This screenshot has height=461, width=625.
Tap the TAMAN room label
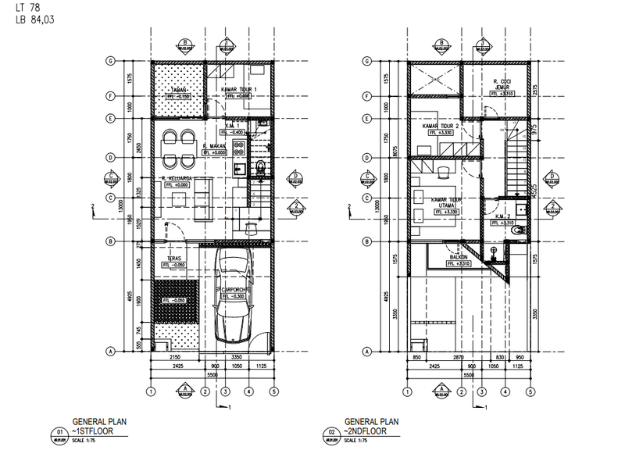183,91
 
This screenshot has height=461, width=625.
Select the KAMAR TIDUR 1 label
239,90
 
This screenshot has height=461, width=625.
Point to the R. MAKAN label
215,146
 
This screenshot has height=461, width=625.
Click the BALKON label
459,256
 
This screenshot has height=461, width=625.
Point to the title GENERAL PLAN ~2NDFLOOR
371,425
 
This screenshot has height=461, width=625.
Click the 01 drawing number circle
59,431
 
